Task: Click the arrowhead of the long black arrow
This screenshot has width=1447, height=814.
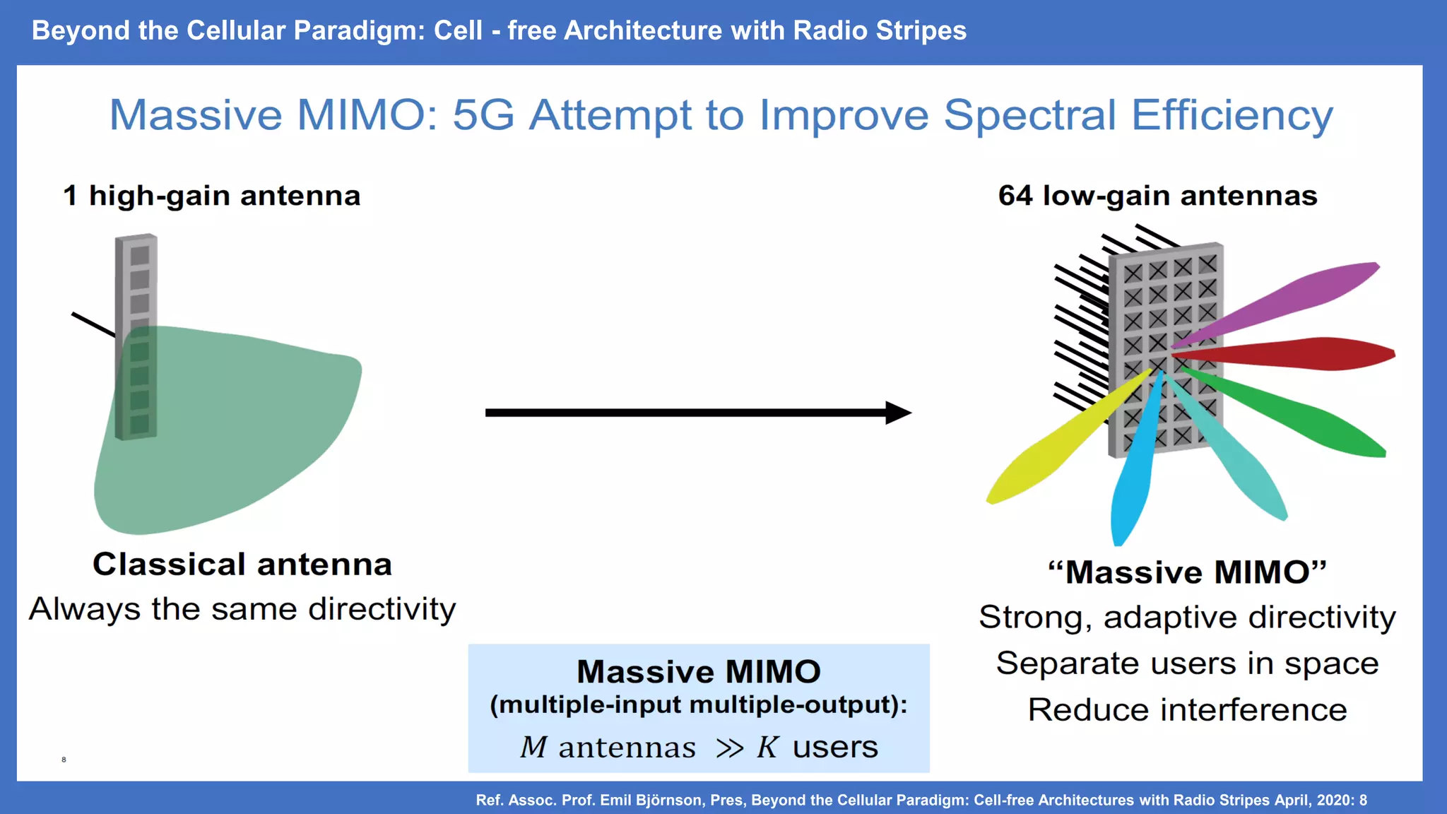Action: click(x=897, y=413)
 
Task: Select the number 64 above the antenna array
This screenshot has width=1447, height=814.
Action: click(x=1015, y=196)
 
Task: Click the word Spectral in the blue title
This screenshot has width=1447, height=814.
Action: click(x=1030, y=115)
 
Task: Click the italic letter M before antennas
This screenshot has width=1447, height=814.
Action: click(x=533, y=748)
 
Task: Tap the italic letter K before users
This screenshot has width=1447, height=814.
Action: click(x=767, y=748)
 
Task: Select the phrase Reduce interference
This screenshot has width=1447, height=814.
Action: click(x=1187, y=709)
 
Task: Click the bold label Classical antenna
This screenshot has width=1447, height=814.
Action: click(x=242, y=565)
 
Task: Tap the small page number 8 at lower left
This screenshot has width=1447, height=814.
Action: click(x=64, y=760)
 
